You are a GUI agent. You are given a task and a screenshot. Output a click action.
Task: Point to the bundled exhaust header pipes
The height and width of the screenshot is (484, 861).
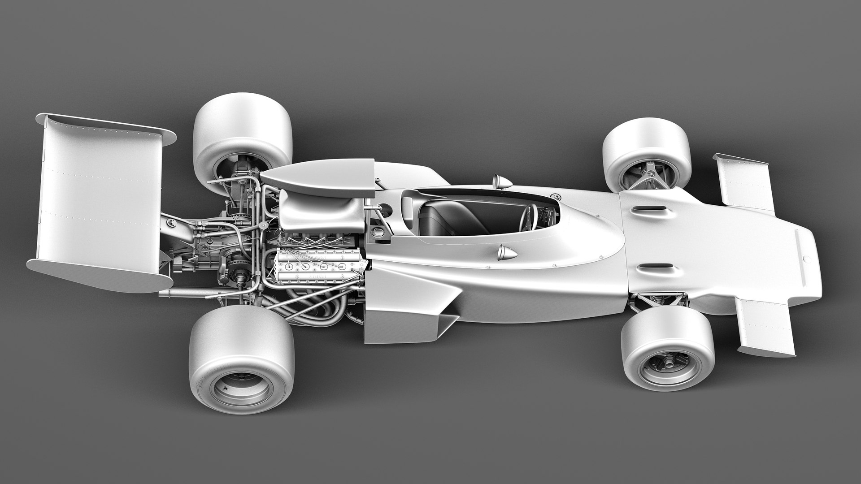pos(314,309)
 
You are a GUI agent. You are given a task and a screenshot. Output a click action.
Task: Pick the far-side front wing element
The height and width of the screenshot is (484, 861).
pos(744,184)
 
